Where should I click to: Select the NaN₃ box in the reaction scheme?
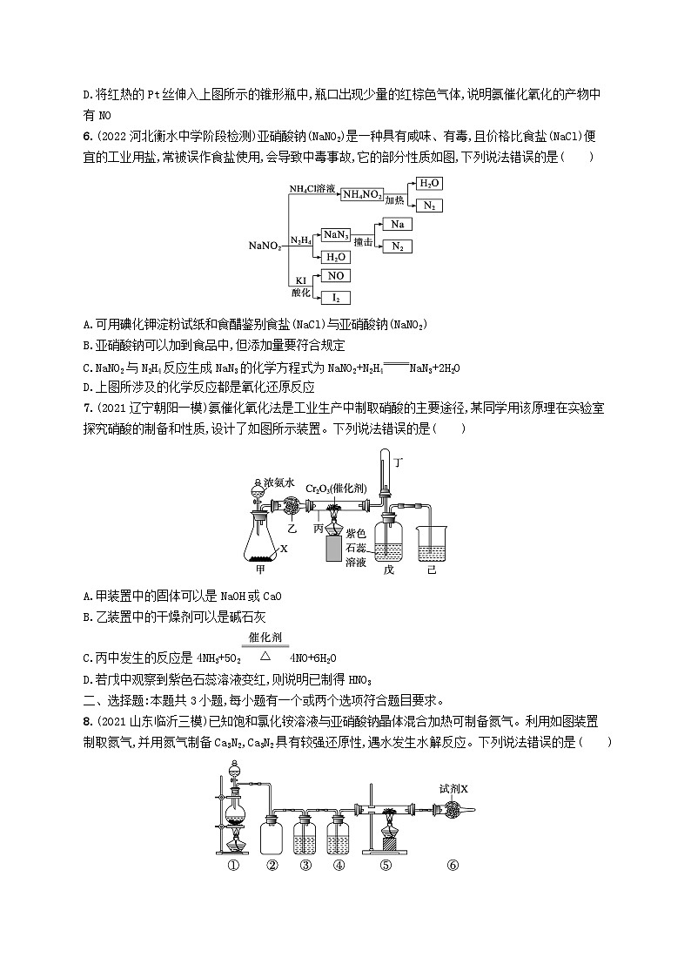(335, 234)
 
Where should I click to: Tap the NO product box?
(335, 276)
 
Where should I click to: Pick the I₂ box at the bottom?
(335, 298)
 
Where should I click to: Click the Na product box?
(398, 225)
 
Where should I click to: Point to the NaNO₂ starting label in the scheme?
(265, 246)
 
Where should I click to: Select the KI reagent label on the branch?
(302, 280)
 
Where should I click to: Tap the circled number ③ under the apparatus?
(305, 865)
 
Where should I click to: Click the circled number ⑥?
(451, 865)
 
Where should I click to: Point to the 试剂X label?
(453, 788)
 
